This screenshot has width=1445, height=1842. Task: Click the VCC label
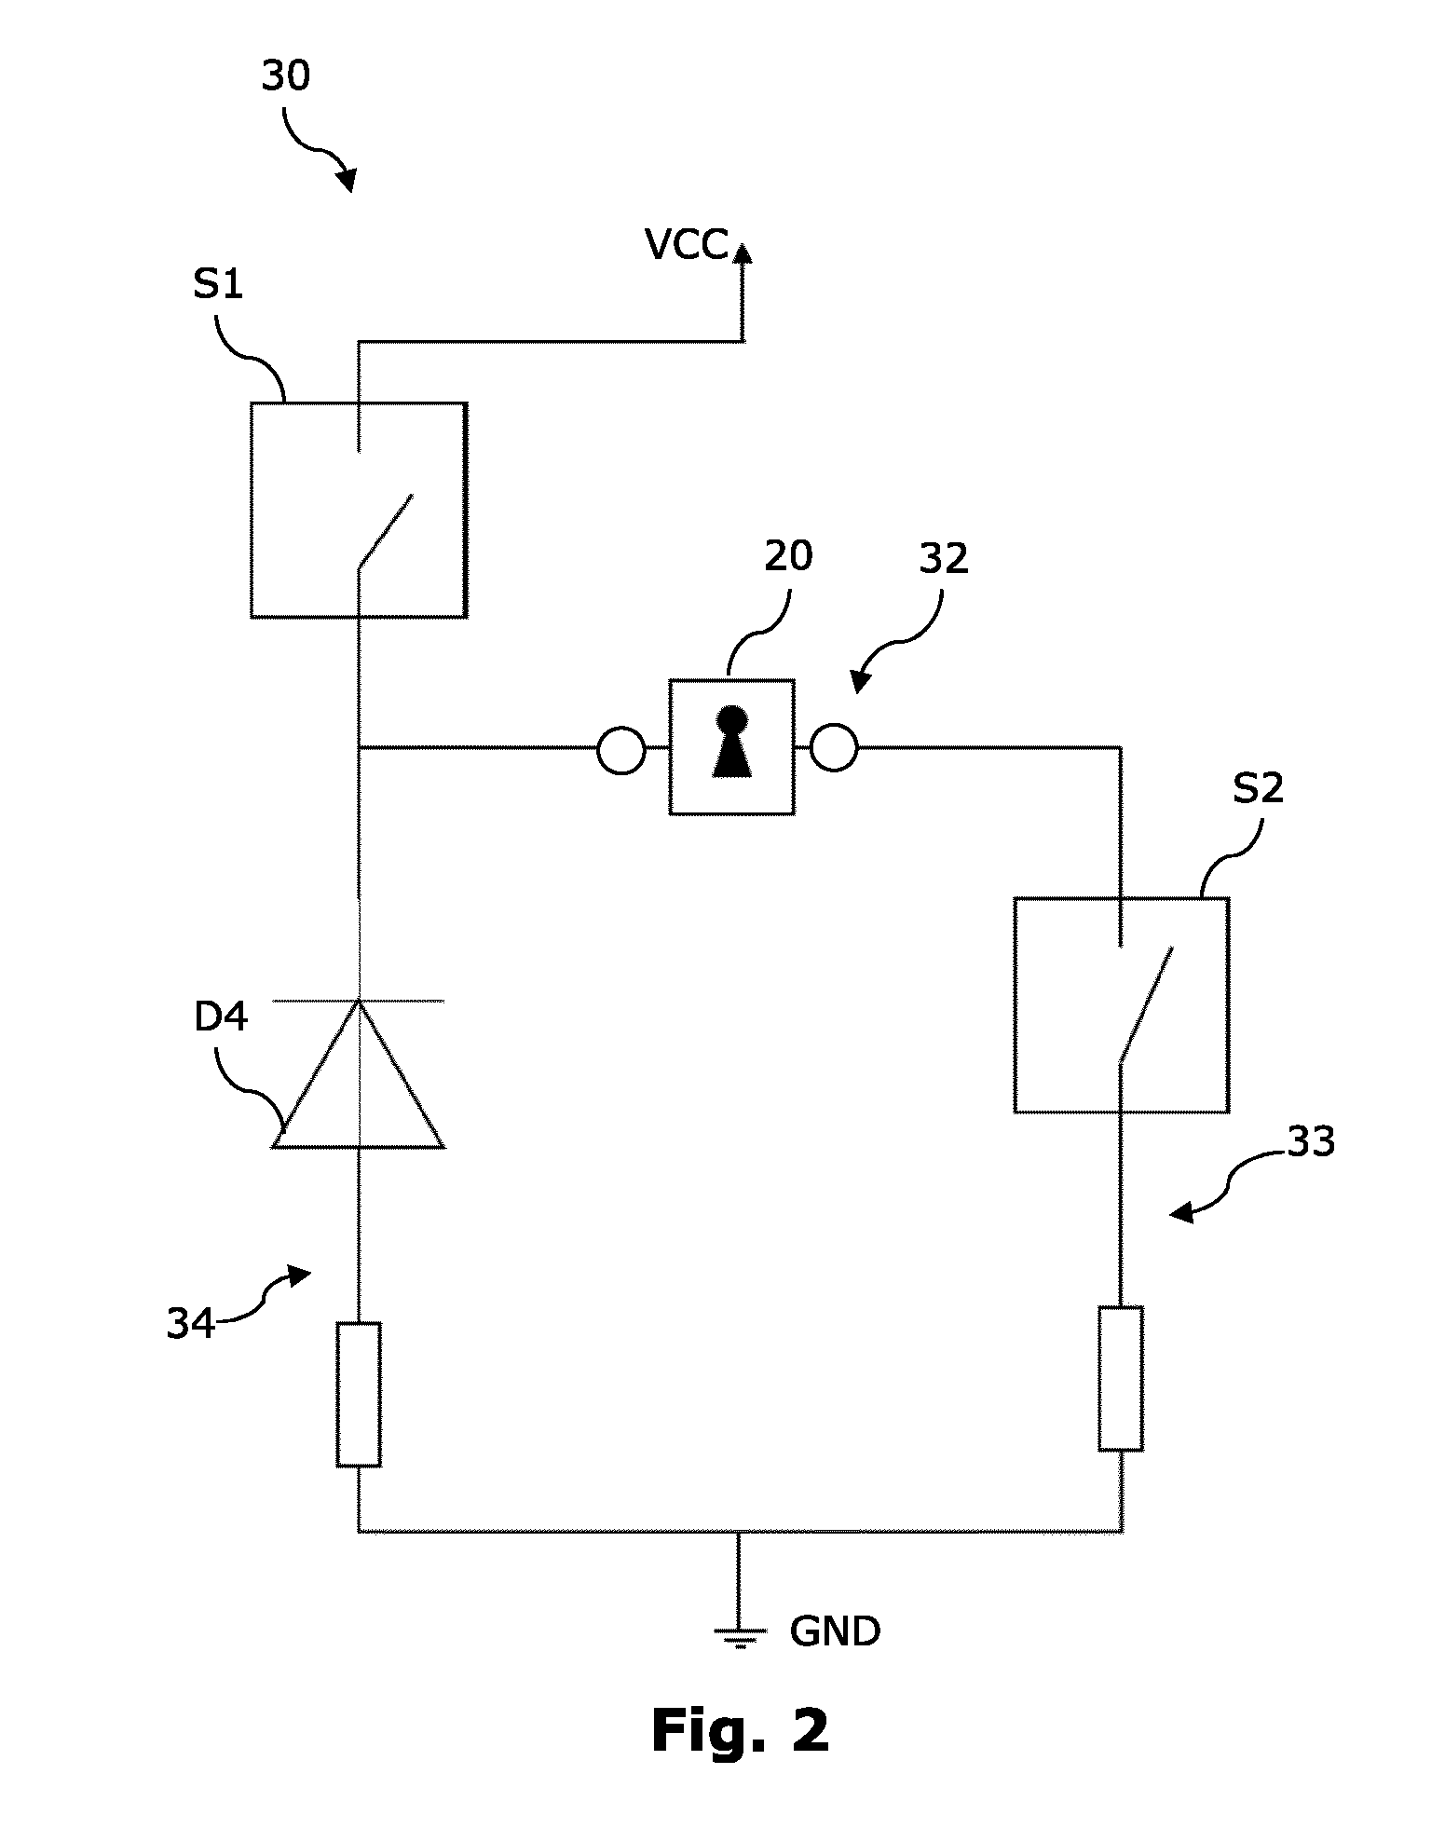point(686,246)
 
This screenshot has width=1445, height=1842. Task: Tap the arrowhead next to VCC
point(742,253)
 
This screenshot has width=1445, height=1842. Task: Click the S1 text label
point(218,284)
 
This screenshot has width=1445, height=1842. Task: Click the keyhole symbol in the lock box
point(731,742)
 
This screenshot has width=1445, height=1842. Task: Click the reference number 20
point(788,557)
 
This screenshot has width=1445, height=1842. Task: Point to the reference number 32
point(944,559)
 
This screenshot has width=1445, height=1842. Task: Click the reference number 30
point(285,76)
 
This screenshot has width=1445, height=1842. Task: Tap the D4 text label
point(221,1017)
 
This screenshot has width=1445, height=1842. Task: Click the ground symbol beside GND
point(740,1638)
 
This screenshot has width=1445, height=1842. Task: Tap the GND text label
point(835,1632)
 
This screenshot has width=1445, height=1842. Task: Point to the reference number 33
point(1310,1142)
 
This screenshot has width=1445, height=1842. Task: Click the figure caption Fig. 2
point(741,1731)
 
